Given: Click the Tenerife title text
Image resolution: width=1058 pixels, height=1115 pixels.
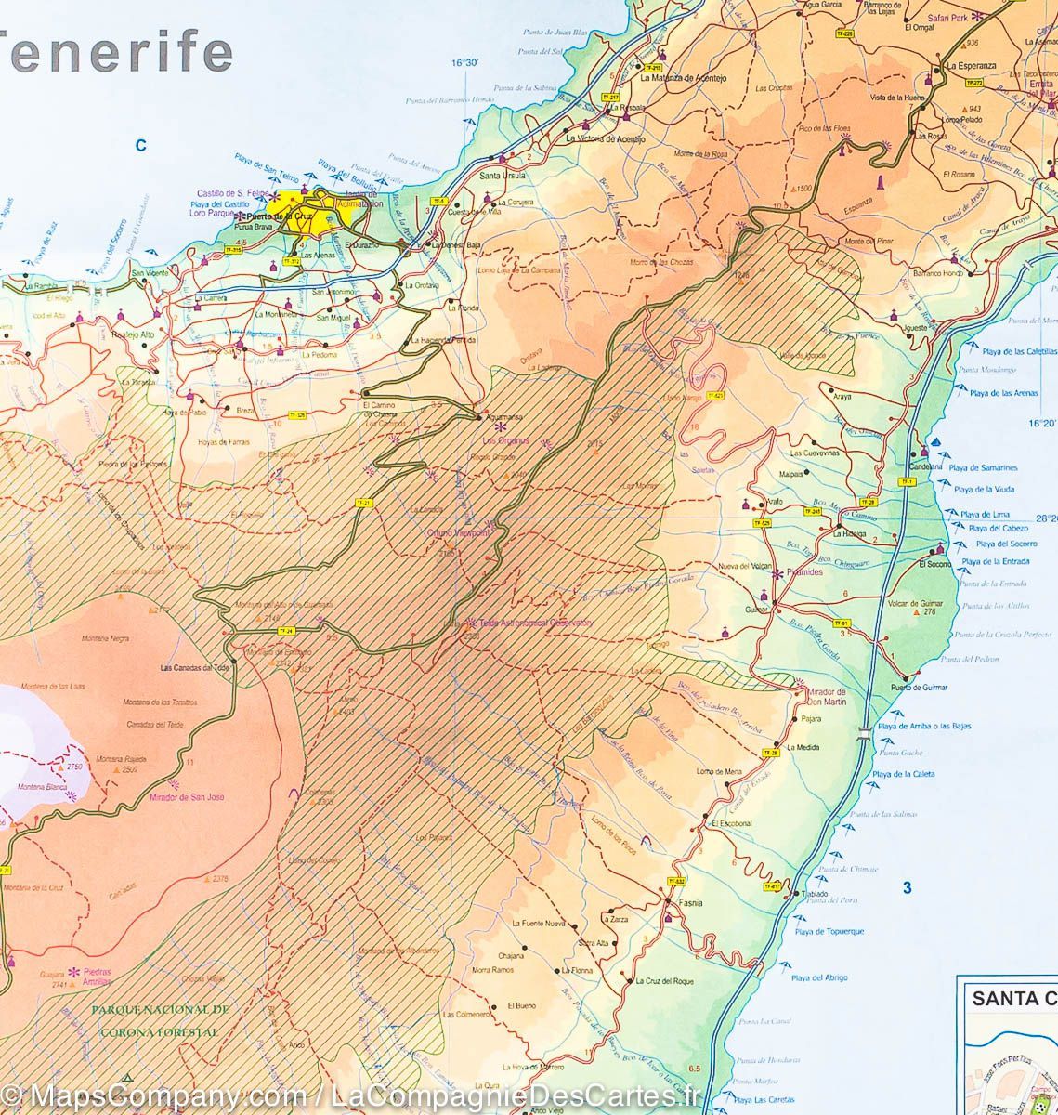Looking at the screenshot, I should pos(116,53).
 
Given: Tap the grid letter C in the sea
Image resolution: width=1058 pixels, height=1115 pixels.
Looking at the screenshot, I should pos(141,144).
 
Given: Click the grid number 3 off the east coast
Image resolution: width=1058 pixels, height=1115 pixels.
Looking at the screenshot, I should pos(908,888).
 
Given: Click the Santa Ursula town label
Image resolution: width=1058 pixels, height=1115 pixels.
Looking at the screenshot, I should pos(502,175).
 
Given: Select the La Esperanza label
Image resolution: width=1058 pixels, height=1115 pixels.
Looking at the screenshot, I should pos(971,67).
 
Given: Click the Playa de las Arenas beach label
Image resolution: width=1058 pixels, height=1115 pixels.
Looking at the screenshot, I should pos(1003,393).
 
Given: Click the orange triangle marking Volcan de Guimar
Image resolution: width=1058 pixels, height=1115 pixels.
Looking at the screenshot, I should pos(917,613).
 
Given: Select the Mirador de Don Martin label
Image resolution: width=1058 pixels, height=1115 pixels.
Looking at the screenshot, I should pos(827,697).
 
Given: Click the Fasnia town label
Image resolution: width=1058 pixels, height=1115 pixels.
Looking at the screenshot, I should pos(689,903).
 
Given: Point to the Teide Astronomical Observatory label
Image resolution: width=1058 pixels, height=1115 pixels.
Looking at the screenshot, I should pos(533,624).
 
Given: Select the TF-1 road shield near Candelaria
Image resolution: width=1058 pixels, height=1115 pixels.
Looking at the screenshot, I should pos(906,481).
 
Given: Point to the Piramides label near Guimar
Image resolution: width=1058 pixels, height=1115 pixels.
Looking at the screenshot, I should pos(804,573).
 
